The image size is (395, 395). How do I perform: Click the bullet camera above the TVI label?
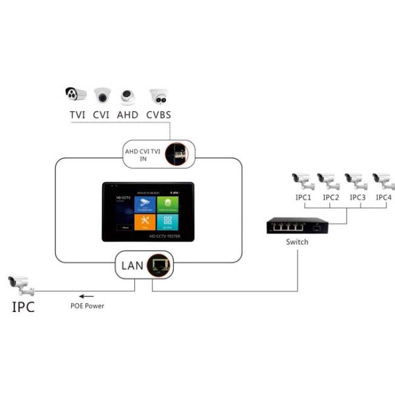pos(76,94)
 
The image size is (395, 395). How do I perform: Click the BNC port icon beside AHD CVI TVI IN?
pos(176,154)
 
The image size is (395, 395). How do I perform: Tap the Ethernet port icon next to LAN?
pos(159,266)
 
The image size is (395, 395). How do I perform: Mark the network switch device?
pos(295,226)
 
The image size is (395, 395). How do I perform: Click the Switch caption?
pos(297,242)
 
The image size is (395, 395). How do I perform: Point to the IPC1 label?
pos(303,197)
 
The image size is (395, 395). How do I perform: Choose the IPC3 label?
pos(357,197)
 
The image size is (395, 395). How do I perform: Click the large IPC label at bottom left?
pos(23,307)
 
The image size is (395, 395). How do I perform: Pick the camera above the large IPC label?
pos(21,285)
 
